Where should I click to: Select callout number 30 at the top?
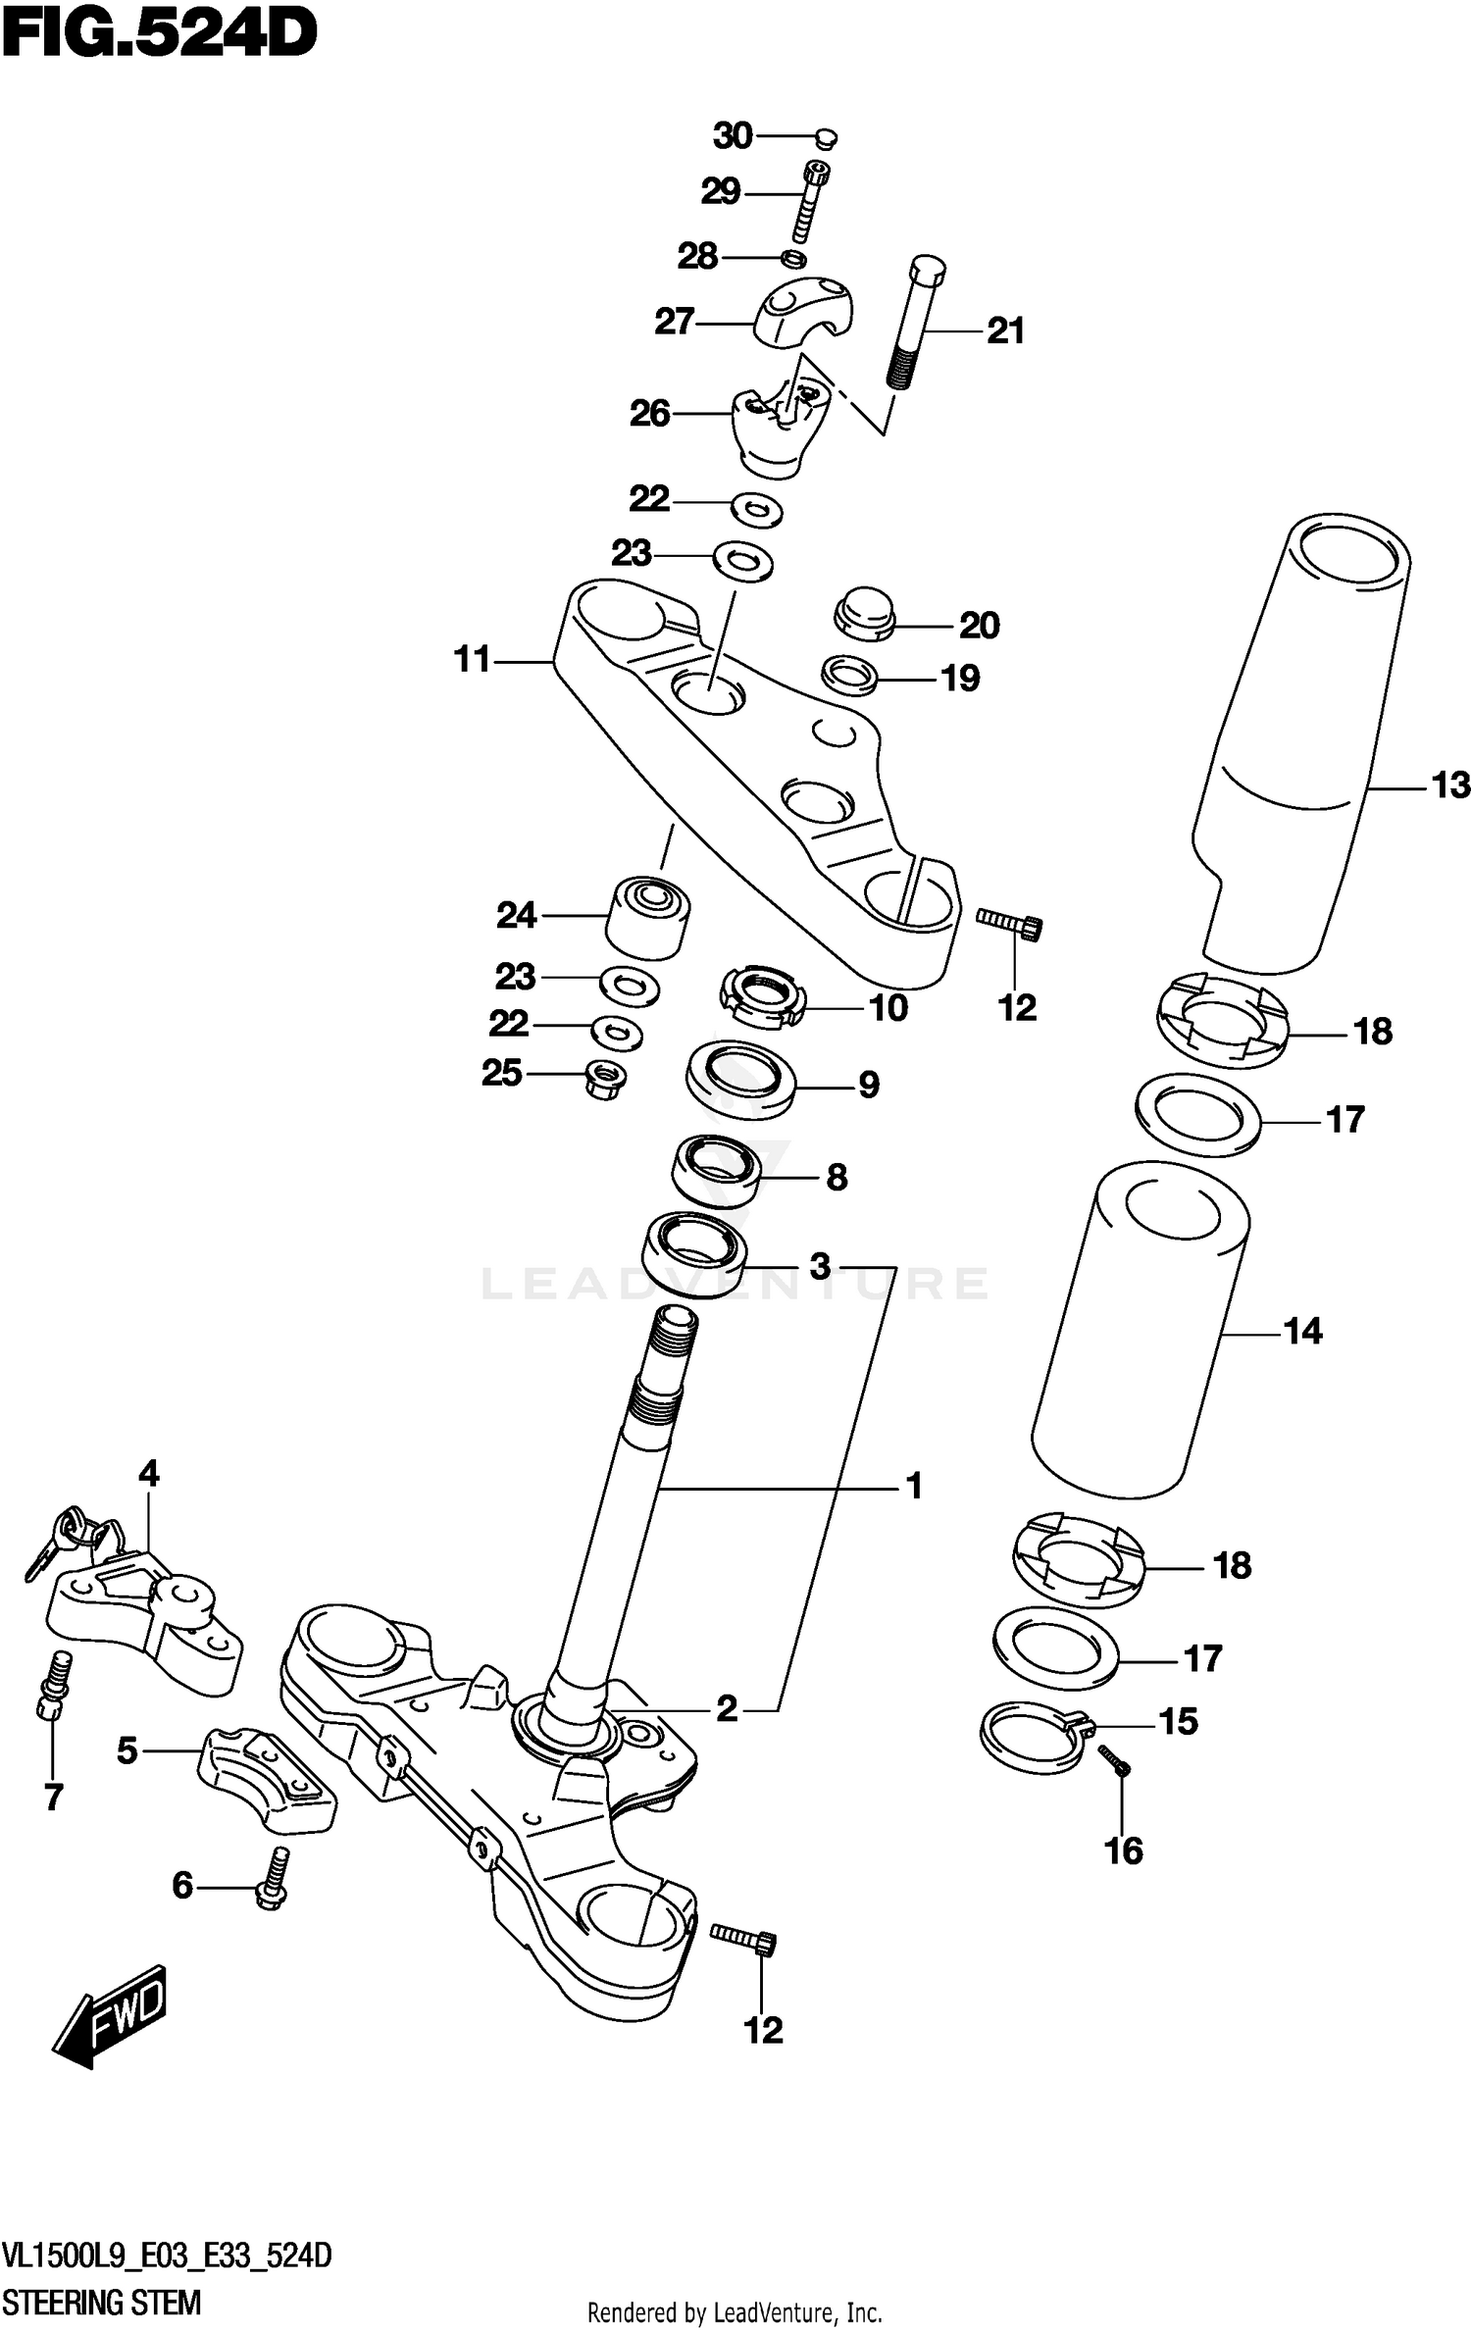(x=733, y=135)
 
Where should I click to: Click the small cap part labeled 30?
(x=826, y=137)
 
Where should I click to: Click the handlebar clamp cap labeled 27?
(x=803, y=310)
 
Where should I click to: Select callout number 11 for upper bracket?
(x=472, y=660)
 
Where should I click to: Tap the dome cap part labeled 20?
(x=865, y=614)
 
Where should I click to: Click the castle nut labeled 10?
(x=763, y=997)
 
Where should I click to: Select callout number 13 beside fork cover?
(x=1450, y=785)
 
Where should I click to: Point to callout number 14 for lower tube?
(x=1301, y=1331)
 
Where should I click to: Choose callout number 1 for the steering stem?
(x=913, y=1488)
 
